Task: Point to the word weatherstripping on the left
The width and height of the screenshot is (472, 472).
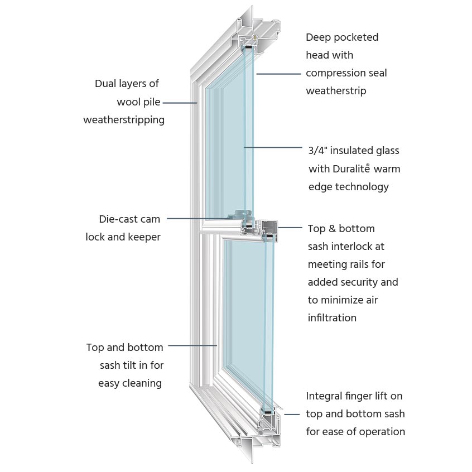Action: point(124,120)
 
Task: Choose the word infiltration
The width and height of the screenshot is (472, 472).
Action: point(332,317)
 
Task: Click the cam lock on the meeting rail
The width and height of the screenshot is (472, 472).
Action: point(241,214)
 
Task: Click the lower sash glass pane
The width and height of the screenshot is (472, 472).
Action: point(245,312)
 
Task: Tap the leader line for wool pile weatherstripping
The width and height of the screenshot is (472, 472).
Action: point(180,103)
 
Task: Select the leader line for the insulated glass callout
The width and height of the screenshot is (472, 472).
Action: point(273,147)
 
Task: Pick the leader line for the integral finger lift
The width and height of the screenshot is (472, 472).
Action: point(292,414)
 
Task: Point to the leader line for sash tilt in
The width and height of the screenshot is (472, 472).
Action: point(192,345)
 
